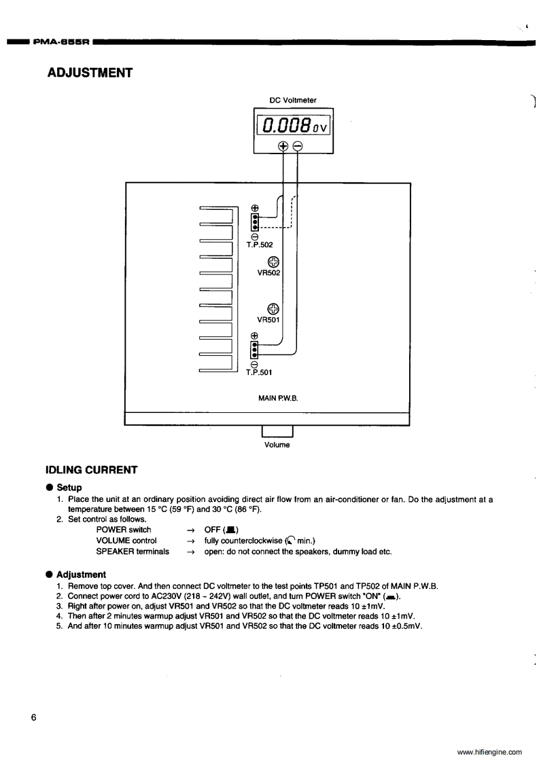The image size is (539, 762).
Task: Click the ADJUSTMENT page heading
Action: click(89, 72)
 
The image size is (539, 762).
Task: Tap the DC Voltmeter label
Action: click(293, 101)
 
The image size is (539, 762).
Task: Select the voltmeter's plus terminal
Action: click(283, 145)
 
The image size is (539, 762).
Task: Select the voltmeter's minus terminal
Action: click(297, 145)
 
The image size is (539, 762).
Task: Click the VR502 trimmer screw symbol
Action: click(273, 261)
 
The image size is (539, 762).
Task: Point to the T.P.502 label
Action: click(260, 243)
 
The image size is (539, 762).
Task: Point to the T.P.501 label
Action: click(259, 371)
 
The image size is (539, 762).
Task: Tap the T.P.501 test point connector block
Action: click(255, 349)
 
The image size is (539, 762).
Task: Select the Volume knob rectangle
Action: click(277, 431)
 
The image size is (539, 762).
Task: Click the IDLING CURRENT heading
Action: click(91, 470)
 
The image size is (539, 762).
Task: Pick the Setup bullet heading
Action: click(69, 487)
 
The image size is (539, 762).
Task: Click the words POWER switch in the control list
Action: click(124, 530)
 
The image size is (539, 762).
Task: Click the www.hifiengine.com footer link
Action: click(489, 752)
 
